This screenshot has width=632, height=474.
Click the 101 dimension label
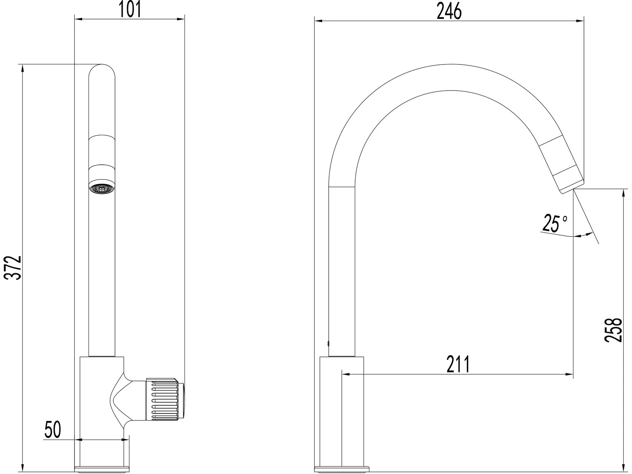[130, 9]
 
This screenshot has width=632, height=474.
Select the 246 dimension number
[449, 11]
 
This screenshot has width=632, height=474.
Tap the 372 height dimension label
[13, 268]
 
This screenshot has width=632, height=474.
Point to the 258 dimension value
[613, 330]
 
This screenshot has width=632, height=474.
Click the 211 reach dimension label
[458, 364]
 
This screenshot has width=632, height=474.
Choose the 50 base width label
[53, 429]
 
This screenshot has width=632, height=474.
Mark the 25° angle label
[554, 223]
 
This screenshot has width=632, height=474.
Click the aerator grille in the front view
[102, 188]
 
